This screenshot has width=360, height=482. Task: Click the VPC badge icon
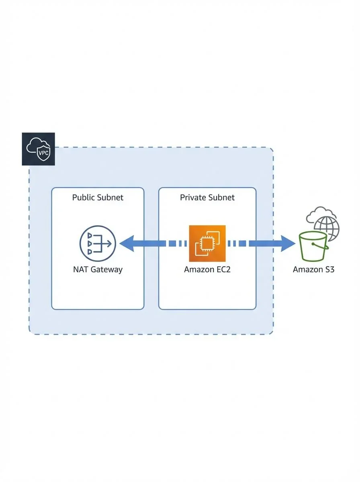[x=38, y=149]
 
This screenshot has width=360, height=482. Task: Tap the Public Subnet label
[x=98, y=197]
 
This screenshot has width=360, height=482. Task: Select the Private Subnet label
[x=207, y=197]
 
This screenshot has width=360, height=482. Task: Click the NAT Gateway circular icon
[x=98, y=243]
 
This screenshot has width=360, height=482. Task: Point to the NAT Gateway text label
[x=98, y=269]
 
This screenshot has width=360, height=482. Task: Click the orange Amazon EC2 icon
[x=207, y=243]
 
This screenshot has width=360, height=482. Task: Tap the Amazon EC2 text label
[x=207, y=269]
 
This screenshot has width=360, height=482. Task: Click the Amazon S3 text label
[x=313, y=269]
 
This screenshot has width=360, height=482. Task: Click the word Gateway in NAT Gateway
[x=106, y=269]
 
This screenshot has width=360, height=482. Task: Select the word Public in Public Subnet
[x=83, y=197]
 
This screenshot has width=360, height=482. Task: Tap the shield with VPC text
[x=42, y=153]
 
